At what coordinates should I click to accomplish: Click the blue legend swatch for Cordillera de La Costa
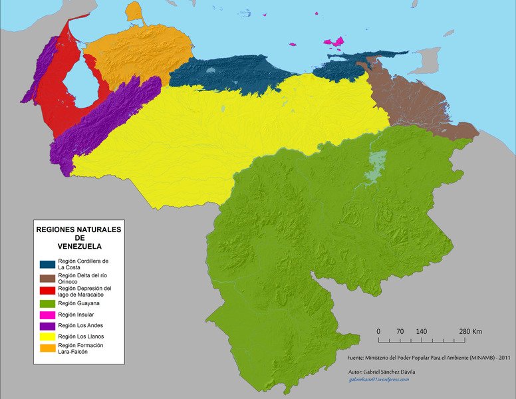click(x=47, y=264)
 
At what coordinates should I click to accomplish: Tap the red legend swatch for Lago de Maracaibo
click(x=47, y=291)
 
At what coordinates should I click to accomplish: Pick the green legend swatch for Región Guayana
click(x=47, y=303)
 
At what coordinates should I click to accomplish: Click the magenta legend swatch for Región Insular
click(x=47, y=315)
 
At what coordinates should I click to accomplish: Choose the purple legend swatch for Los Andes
click(x=47, y=326)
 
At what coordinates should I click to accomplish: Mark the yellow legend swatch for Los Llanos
click(x=47, y=337)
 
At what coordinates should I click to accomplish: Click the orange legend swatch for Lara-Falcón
click(x=47, y=348)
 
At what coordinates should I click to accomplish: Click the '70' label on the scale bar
click(x=400, y=331)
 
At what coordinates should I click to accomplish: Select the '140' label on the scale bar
click(x=422, y=331)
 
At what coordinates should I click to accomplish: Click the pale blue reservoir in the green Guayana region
click(x=377, y=162)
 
